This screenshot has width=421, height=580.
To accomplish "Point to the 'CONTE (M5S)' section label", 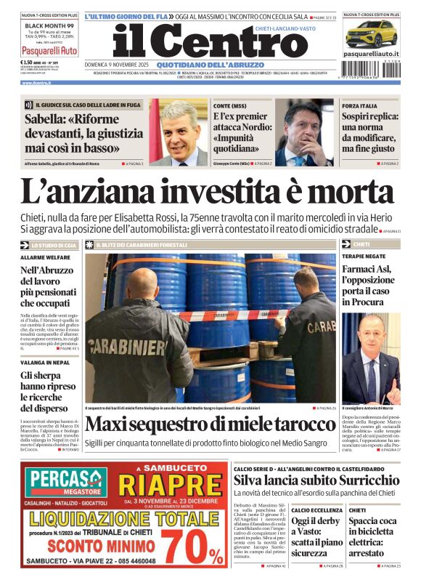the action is click(230, 106).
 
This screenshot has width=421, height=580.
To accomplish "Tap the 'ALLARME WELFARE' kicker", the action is click(46, 258).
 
